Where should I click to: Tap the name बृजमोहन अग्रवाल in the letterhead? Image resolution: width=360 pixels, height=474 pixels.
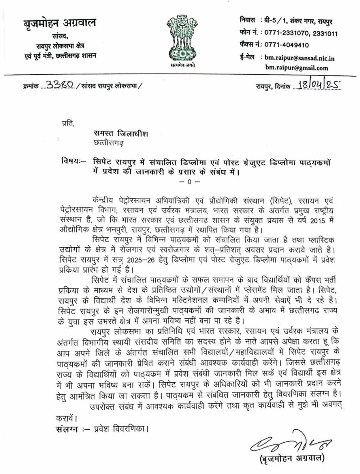click(x=60, y=23)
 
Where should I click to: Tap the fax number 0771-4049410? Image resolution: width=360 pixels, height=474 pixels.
click(x=286, y=45)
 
